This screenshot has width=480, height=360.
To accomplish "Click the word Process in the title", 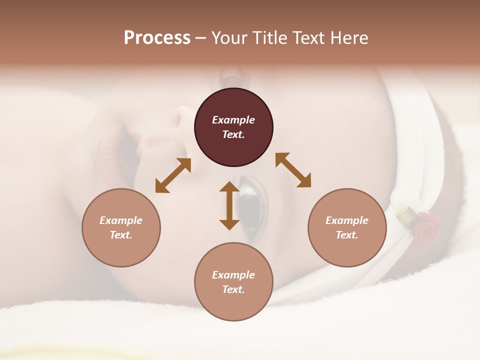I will [x=157, y=38].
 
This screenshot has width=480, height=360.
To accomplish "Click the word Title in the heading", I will [x=270, y=38].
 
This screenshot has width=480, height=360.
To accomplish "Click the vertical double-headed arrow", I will [x=229, y=205].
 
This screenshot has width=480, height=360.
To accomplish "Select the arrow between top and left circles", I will [x=173, y=175].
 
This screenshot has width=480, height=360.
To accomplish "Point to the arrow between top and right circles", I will [x=293, y=170].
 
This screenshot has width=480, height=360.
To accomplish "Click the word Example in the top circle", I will [x=233, y=120].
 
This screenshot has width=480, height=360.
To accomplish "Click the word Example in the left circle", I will [x=121, y=220].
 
